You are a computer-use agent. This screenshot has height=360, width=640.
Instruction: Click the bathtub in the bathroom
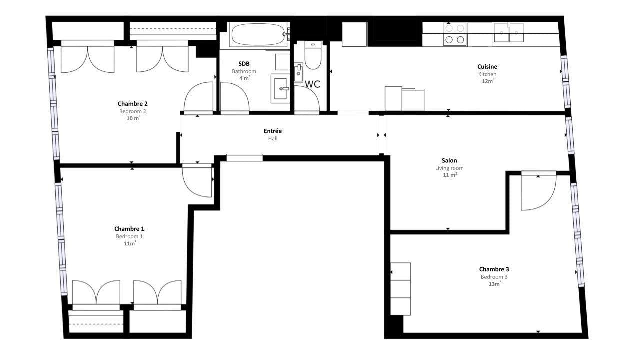(x=259, y=35)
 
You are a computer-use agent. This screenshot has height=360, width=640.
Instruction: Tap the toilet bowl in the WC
(x=313, y=55)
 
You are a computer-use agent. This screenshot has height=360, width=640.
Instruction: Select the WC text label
(x=312, y=84)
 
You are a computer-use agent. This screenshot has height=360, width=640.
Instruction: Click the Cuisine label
(x=487, y=67)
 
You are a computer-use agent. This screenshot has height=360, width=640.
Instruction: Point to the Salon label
(x=449, y=160)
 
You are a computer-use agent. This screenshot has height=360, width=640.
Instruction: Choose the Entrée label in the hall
(x=273, y=131)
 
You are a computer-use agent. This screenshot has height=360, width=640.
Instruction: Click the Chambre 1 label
(x=129, y=229)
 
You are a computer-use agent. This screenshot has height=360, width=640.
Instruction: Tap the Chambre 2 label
(x=133, y=103)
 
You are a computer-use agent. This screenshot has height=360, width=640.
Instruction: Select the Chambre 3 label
(x=494, y=269)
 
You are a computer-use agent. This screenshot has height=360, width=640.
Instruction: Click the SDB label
(x=244, y=63)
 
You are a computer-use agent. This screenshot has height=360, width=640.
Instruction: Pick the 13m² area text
(x=495, y=284)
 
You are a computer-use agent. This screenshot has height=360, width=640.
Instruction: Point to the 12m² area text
(x=488, y=81)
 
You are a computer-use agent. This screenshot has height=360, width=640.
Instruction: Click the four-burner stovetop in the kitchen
(x=455, y=34)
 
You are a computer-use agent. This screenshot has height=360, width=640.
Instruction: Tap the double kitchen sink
(x=509, y=33)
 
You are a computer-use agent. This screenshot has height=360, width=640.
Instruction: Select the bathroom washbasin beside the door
(x=280, y=88)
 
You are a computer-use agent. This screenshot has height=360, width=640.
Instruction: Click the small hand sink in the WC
(x=298, y=73)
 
